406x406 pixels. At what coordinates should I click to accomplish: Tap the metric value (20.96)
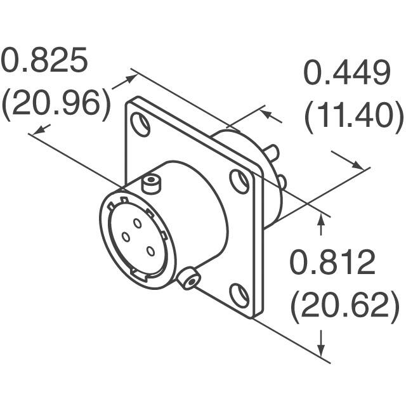click(56, 104)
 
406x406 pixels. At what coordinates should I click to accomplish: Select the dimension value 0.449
click(346, 74)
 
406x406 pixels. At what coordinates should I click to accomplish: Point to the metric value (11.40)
click(353, 117)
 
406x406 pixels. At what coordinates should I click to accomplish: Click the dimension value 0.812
click(333, 263)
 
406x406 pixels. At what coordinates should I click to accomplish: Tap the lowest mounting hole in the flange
click(239, 296)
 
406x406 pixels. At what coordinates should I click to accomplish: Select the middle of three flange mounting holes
click(240, 181)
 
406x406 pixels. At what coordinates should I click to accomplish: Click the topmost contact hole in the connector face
click(138, 223)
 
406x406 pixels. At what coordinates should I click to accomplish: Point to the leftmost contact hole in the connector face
click(126, 238)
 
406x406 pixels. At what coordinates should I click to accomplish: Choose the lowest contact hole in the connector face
click(150, 251)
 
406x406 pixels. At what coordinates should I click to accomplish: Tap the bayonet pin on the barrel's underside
click(188, 278)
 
